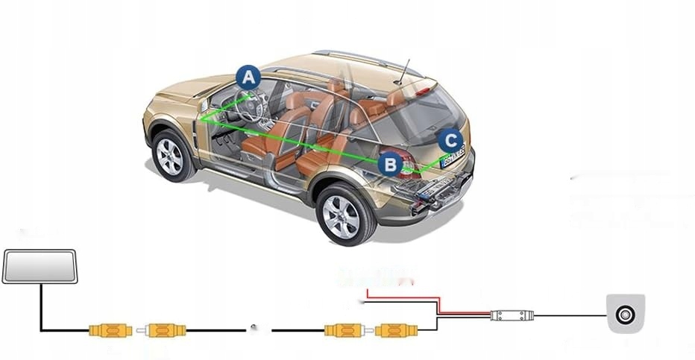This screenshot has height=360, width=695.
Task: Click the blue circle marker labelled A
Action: point(248,76)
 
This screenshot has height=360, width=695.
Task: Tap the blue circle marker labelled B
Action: point(390,163)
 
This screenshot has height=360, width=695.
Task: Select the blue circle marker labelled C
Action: point(449,140)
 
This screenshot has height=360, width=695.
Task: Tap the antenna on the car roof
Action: point(403,71)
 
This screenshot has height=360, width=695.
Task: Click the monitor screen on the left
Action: point(40,266)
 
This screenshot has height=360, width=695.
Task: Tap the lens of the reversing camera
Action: point(624,315)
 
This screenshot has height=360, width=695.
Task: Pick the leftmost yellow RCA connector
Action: point(110,329)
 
